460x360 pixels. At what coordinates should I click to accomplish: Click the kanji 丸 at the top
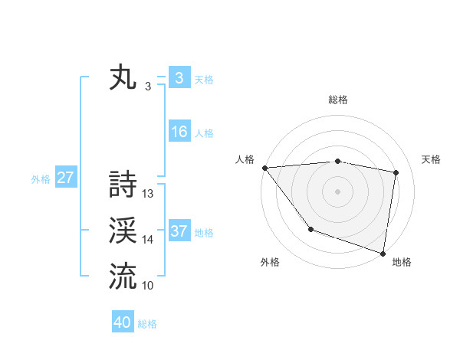123,79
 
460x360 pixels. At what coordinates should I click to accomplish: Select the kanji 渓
123,231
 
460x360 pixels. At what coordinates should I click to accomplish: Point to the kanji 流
123,276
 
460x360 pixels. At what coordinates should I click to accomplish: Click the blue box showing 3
179,78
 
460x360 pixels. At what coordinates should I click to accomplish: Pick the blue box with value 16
179,132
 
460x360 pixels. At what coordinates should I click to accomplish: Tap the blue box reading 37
179,231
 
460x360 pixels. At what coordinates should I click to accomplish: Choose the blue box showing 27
65,178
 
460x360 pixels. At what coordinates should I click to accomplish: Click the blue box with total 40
123,322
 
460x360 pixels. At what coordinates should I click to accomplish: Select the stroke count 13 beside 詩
148,195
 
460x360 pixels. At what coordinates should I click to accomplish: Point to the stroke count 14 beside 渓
148,240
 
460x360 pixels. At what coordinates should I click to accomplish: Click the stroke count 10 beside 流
148,285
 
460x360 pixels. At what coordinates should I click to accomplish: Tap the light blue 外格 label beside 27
41,179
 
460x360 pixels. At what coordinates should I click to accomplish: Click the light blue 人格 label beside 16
204,133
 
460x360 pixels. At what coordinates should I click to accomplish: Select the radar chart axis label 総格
337,100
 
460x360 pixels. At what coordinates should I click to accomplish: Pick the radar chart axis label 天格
431,159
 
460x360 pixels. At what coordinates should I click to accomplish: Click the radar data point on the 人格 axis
264,168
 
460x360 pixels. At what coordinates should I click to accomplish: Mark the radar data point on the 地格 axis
383,252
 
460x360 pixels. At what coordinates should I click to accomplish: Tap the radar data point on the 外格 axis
310,228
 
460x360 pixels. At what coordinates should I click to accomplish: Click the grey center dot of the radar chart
337,191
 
